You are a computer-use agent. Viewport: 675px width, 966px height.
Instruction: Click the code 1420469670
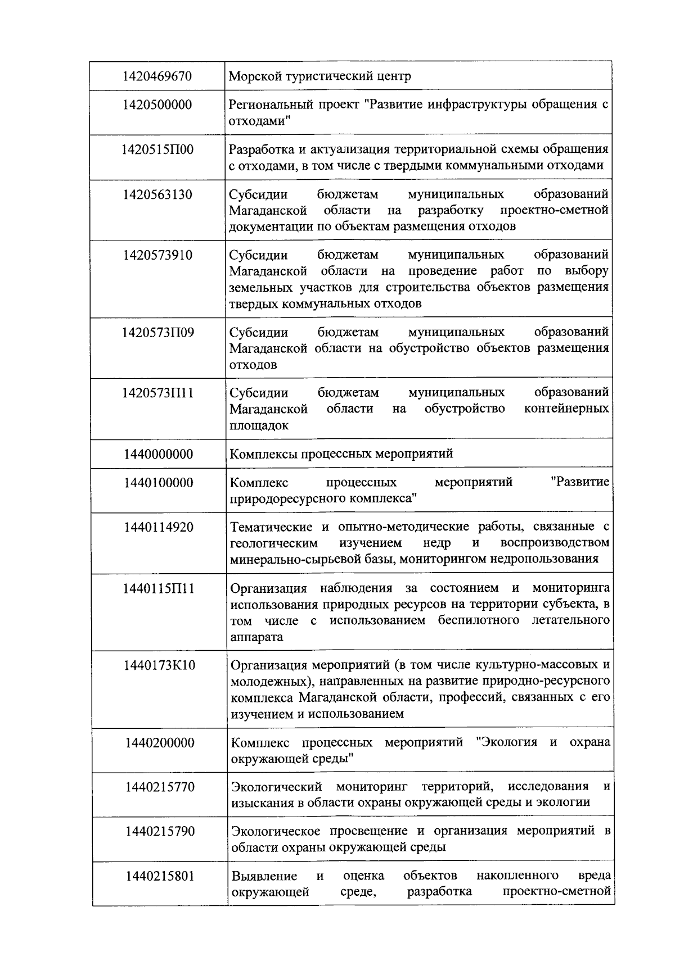click(157, 76)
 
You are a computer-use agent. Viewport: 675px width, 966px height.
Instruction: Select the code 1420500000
click(157, 105)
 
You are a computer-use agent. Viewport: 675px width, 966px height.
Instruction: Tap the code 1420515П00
click(157, 149)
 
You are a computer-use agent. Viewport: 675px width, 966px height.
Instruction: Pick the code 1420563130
click(157, 194)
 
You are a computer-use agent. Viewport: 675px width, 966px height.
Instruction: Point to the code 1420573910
click(157, 255)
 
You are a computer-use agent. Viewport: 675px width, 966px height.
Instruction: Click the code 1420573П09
click(157, 332)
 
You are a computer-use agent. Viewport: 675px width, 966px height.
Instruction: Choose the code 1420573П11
click(157, 393)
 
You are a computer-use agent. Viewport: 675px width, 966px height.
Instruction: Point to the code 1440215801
click(160, 876)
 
